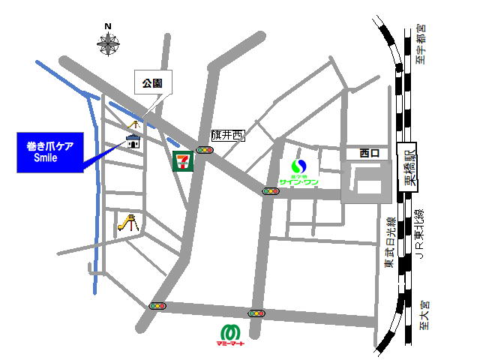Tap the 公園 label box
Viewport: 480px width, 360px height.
154,82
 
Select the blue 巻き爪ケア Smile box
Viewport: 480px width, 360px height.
55,152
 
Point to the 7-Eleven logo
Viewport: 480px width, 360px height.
182,160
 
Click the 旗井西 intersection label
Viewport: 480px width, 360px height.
228,135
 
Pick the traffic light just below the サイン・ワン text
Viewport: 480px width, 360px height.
271,191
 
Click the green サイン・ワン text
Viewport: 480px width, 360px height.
298,181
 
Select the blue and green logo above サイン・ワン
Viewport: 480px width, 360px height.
299,166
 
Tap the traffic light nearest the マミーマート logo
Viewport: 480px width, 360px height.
256,313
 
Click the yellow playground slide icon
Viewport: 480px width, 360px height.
129,223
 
